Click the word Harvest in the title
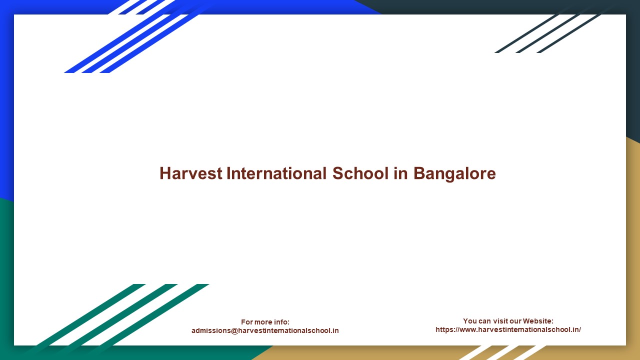(190, 173)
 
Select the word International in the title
(276, 173)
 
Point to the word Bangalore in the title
(454, 173)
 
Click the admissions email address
(265, 330)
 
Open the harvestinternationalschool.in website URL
(508, 329)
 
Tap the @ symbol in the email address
(234, 330)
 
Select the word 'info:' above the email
(280, 322)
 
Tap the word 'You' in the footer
(470, 321)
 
